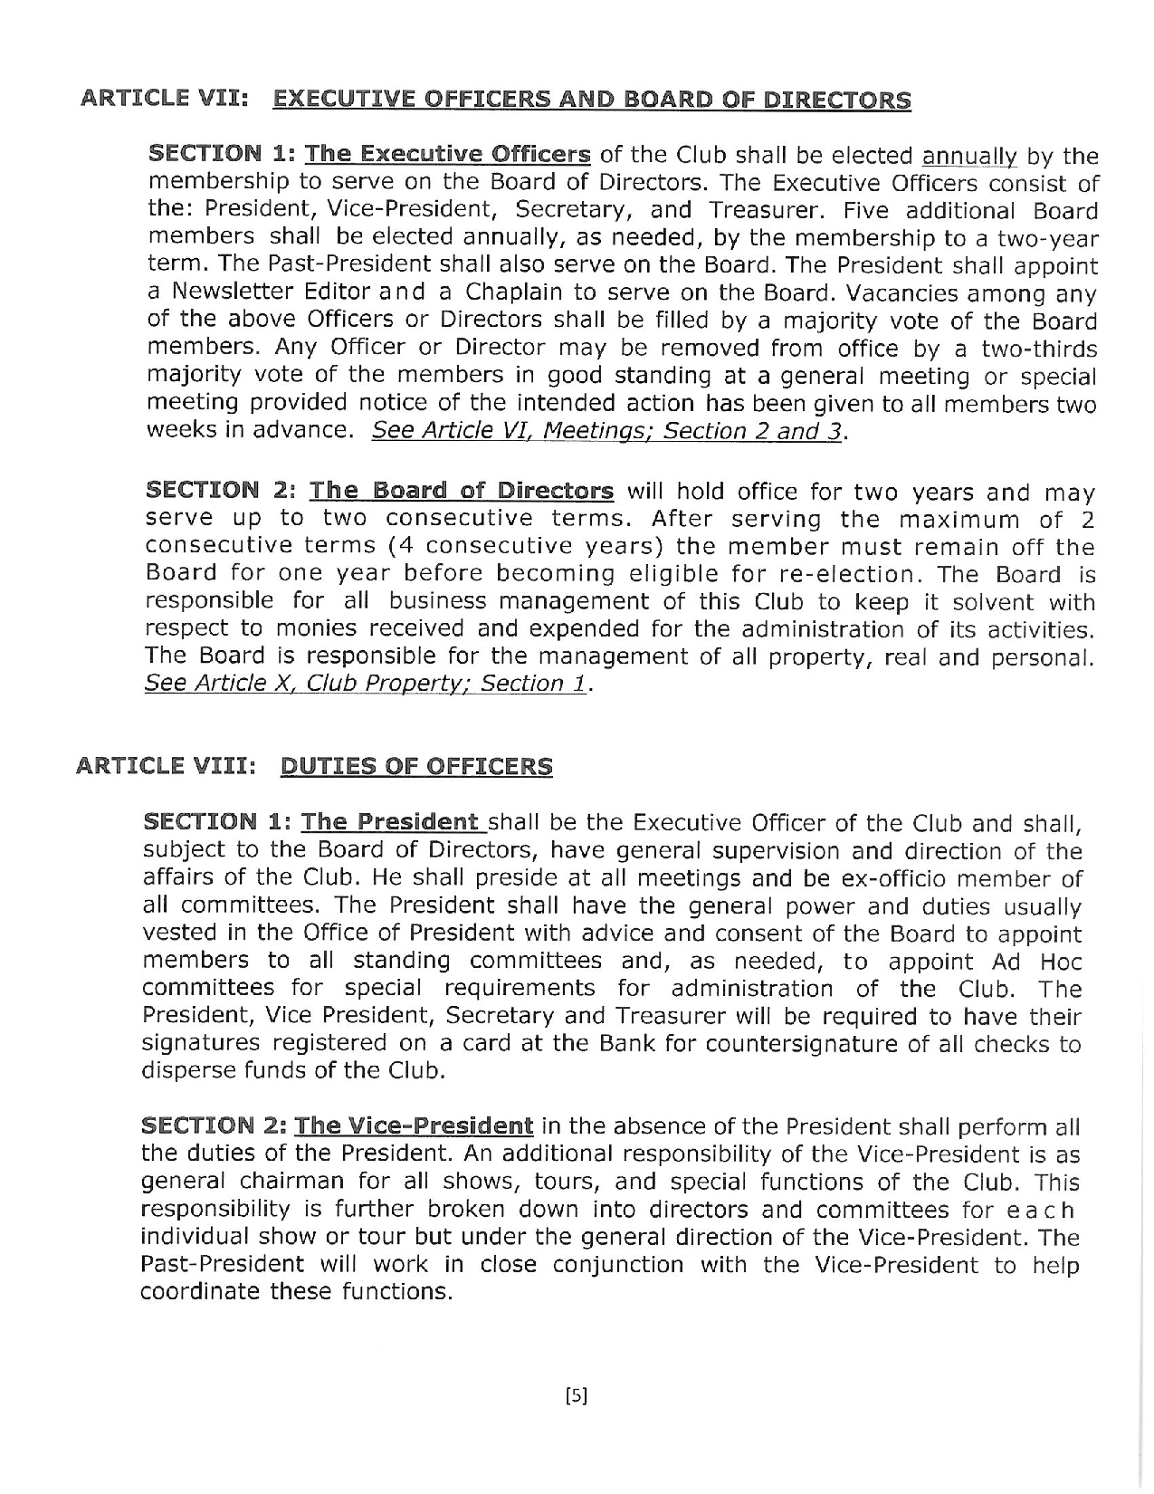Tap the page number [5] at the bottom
click(576, 1395)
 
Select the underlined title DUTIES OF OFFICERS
click(416, 766)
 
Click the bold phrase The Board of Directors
click(462, 492)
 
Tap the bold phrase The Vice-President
click(414, 1126)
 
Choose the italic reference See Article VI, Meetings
click(513, 431)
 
